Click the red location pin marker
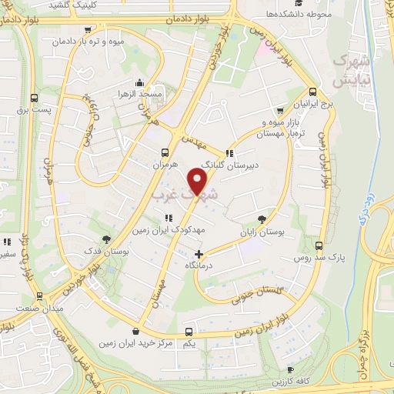pos(199,182)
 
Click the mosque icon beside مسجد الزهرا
pos(139,82)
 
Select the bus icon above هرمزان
pos(164,152)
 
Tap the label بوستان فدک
pos(108,251)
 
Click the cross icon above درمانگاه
pos(199,253)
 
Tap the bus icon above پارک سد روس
pos(319,245)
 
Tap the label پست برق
pos(34,109)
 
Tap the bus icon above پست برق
pos(34,98)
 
